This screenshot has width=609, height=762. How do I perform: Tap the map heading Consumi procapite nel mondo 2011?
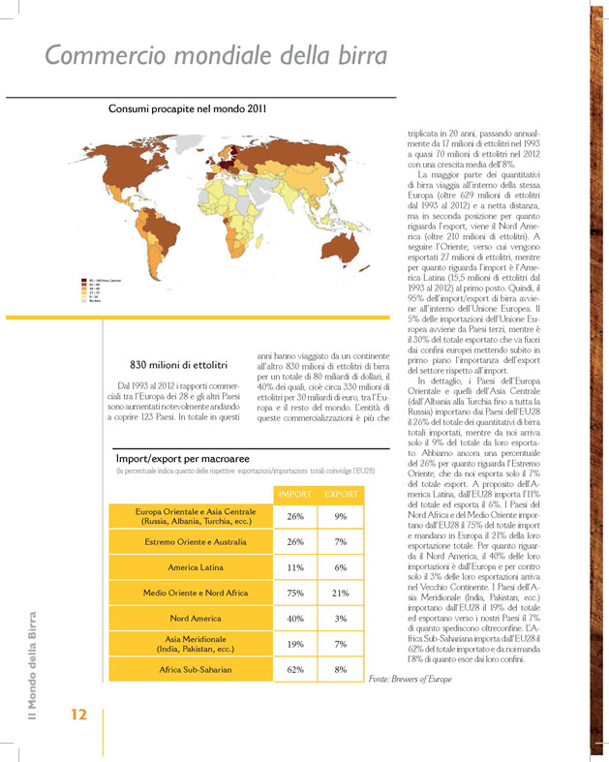188,109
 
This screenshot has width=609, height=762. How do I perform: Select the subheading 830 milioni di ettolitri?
178,364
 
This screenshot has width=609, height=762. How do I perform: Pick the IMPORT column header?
295,494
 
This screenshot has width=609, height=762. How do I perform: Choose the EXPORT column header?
341,494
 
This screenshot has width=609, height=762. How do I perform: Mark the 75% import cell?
295,592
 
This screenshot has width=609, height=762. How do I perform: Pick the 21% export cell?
341,592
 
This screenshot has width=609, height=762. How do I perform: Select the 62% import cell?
295,668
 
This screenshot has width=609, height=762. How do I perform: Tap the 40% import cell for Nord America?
295,618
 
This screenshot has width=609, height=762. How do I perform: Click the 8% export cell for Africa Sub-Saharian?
341,668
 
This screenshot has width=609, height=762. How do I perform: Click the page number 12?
78,715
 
